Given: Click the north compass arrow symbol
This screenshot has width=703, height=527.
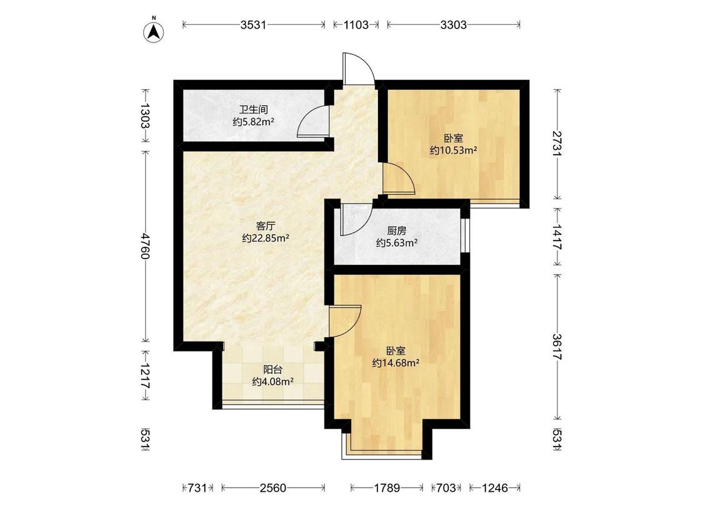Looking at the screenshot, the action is click(x=153, y=32).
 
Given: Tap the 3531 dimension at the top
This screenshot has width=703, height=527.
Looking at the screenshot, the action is click(x=253, y=24).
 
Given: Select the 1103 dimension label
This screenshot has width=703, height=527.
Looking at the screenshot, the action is click(x=356, y=24).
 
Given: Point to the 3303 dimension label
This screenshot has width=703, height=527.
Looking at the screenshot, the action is click(x=453, y=24).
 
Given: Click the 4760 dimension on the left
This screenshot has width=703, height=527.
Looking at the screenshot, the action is click(x=145, y=245).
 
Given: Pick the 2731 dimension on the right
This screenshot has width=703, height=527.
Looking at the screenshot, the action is click(x=557, y=144).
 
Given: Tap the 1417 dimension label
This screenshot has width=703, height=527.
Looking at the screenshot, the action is click(x=557, y=237).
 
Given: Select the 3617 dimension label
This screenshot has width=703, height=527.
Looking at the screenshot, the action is click(x=557, y=347).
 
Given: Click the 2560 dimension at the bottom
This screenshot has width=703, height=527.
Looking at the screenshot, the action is click(x=273, y=488).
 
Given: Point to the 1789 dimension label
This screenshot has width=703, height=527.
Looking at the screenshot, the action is click(x=387, y=488).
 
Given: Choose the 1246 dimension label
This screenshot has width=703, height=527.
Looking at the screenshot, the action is click(x=495, y=488).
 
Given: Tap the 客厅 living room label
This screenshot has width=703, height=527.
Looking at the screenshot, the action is click(x=265, y=226).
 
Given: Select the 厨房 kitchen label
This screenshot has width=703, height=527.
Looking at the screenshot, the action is click(x=397, y=231).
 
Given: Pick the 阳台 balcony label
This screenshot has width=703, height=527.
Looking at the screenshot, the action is click(x=272, y=370).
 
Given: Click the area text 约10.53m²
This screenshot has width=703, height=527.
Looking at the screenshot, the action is click(x=453, y=150).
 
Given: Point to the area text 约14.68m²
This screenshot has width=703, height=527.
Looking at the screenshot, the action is click(x=396, y=363).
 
